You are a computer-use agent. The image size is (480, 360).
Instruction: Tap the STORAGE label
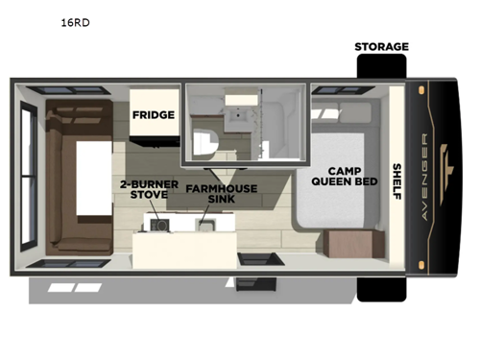coord(381,46)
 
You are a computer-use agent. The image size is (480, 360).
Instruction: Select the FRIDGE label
coord(153,115)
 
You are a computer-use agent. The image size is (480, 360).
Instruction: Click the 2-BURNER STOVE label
coord(143,188)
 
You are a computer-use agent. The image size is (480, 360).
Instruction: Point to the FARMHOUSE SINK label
coord(222,195)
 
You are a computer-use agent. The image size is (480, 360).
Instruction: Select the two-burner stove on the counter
coord(156,225)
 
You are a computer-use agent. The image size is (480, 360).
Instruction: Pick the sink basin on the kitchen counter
coord(204,225)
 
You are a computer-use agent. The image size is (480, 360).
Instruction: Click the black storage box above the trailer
coord(381,66)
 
